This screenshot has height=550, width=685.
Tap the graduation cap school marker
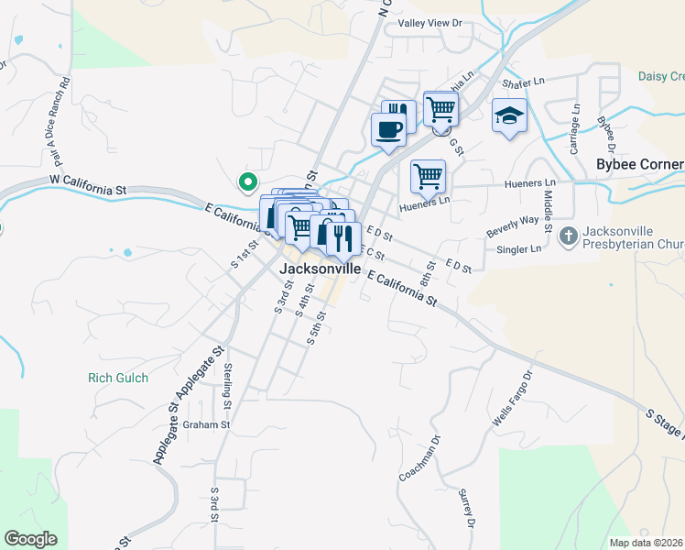tap(510, 115)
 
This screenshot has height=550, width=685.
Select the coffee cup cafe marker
tap(388, 129)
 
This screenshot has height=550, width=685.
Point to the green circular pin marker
tap(246, 183)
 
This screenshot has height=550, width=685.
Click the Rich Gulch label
tap(118, 378)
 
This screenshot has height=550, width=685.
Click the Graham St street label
tap(205, 424)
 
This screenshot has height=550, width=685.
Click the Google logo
tap(30, 538)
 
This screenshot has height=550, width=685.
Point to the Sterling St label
tap(228, 379)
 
